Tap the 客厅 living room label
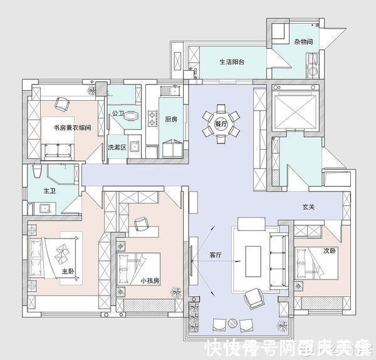pos(216,255)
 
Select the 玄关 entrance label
pos(308,207)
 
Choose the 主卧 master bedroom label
pos(68,272)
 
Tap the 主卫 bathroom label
pos(50,190)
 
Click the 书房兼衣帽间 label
pos(73,128)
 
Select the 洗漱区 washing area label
pos(117,147)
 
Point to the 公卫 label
pos(117,114)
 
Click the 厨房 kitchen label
pos(171,118)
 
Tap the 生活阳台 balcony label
pos(232,62)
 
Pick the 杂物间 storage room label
pos(303,42)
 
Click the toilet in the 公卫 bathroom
pos(131,115)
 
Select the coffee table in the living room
pos(253,260)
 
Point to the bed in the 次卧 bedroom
pos(318,263)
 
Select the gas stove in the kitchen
pos(152,116)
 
